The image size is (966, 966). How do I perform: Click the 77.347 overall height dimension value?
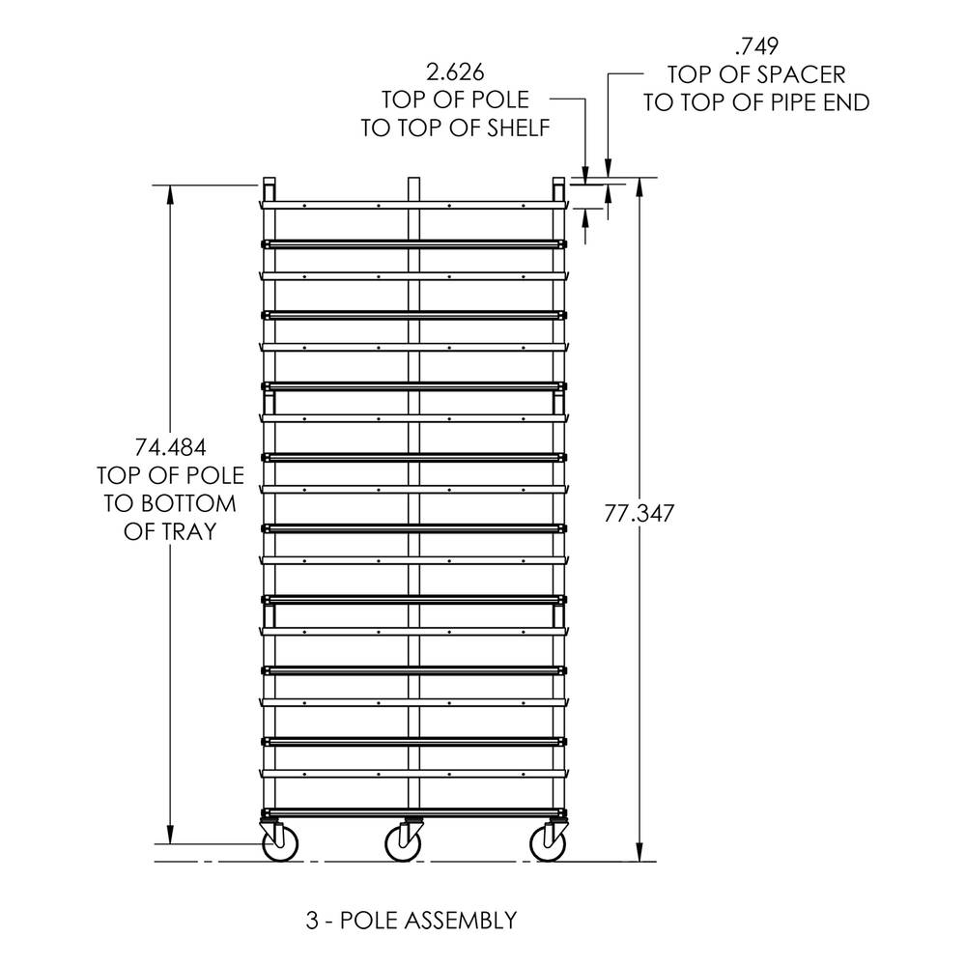click(639, 513)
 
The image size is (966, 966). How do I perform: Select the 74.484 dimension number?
click(170, 446)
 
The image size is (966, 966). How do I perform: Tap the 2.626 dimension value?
click(455, 72)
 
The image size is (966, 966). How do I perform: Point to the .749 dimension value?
click(756, 45)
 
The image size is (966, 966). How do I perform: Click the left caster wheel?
click(280, 843)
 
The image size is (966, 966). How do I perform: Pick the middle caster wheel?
click(404, 843)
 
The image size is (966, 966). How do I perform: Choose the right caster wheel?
click(549, 843)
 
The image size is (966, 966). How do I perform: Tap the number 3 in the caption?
click(312, 921)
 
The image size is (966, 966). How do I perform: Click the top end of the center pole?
click(413, 178)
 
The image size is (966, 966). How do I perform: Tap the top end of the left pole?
click(269, 178)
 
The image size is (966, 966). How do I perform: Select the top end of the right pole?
click(558, 178)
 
